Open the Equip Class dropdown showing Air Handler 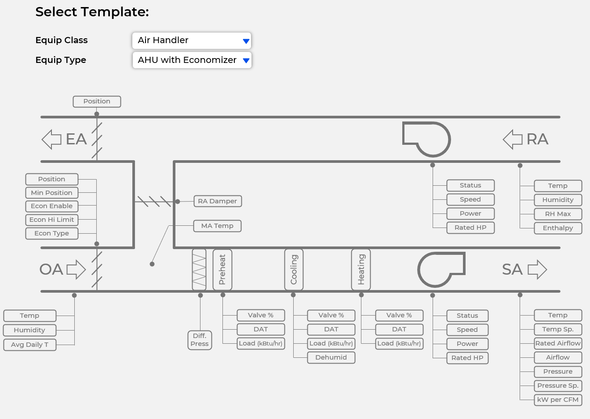192,40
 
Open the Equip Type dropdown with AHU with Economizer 192,60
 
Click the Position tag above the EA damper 97,101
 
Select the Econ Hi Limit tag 52,220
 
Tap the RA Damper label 218,201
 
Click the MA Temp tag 218,226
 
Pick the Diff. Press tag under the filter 200,340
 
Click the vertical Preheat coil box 222,269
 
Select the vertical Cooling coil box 294,269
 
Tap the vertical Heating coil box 361,269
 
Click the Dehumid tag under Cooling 331,357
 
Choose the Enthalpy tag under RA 558,228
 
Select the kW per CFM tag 558,400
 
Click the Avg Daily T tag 30,345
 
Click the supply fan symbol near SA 440,269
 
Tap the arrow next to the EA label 52,139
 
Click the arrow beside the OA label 76,269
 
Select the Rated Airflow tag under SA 558,343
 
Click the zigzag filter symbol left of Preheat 199,269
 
